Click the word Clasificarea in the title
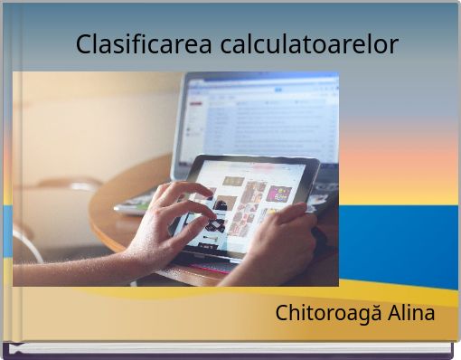click(143, 43)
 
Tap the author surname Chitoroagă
click(329, 314)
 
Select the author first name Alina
click(411, 314)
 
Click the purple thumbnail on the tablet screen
click(279, 193)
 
